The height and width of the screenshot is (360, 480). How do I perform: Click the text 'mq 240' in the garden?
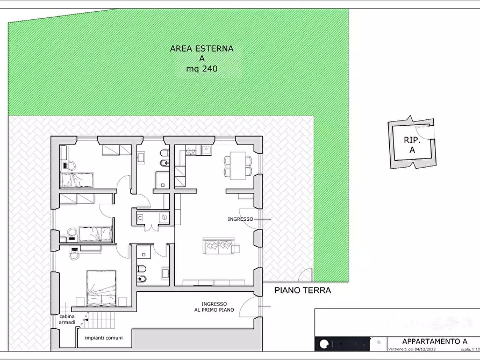tap(202, 69)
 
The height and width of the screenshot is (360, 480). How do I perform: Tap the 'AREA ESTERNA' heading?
tap(202, 48)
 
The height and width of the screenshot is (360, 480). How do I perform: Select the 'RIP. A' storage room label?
tap(412, 145)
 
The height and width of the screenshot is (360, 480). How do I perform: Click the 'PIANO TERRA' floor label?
tap(303, 290)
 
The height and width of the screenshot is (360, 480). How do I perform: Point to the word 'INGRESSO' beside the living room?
tap(240, 219)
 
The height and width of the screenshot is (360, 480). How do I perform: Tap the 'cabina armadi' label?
tap(67, 319)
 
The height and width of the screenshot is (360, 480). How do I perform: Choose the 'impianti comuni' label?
tap(104, 338)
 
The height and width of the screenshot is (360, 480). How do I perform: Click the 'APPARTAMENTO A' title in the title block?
tap(434, 341)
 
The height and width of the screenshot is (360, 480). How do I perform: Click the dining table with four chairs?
tap(237, 165)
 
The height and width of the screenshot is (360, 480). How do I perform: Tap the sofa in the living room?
tap(218, 247)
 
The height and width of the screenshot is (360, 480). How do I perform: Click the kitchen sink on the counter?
tap(205, 151)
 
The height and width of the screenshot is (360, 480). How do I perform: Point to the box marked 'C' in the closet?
tap(140, 218)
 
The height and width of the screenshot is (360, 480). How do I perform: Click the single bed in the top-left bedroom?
tap(76, 179)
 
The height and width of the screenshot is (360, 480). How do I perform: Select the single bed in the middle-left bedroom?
tap(95, 234)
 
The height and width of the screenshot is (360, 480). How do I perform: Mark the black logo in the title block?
tap(325, 344)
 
